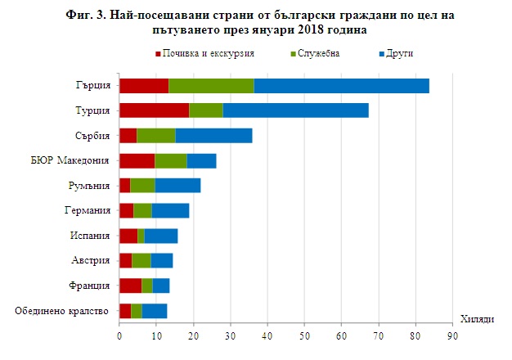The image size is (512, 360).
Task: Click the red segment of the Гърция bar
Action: coord(144,85)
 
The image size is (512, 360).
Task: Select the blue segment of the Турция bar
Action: coord(295,110)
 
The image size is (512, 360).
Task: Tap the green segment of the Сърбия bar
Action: coord(156,136)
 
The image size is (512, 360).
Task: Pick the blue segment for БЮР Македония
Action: coord(201,160)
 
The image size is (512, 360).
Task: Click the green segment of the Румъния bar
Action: coord(142,186)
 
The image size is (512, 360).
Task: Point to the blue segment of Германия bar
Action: coord(170,210)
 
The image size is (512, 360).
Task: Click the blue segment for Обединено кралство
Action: coord(155,310)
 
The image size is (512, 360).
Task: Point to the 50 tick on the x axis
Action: coord(304,336)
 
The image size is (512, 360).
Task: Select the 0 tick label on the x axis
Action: coord(119,336)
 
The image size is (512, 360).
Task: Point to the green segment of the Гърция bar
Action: coord(211,85)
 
